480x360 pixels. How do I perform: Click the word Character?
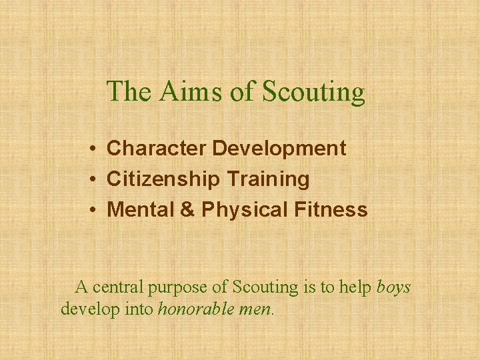[157, 148]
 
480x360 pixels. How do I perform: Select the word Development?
[279, 148]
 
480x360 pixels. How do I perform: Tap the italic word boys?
[393, 287]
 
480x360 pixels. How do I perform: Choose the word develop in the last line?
[85, 309]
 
